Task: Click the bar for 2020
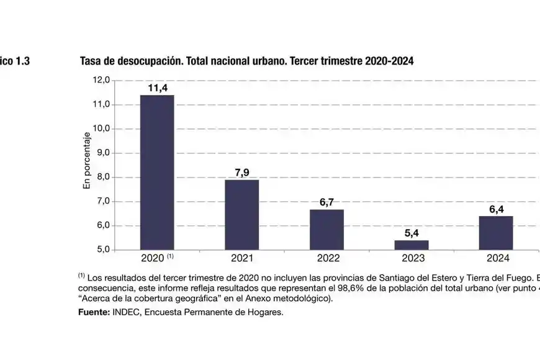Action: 157,172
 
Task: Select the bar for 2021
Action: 241,214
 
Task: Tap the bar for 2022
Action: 326,229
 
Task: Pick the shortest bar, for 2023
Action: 412,245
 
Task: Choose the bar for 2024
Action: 496,233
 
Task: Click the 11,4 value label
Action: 157,88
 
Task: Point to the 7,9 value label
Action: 241,173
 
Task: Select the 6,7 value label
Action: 326,202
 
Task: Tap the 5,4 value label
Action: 412,233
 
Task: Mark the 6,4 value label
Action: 496,209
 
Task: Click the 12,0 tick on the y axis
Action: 101,80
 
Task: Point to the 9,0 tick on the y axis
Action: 101,153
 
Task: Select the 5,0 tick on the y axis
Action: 101,250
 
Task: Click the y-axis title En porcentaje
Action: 88,161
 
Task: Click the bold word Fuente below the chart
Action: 93,312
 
